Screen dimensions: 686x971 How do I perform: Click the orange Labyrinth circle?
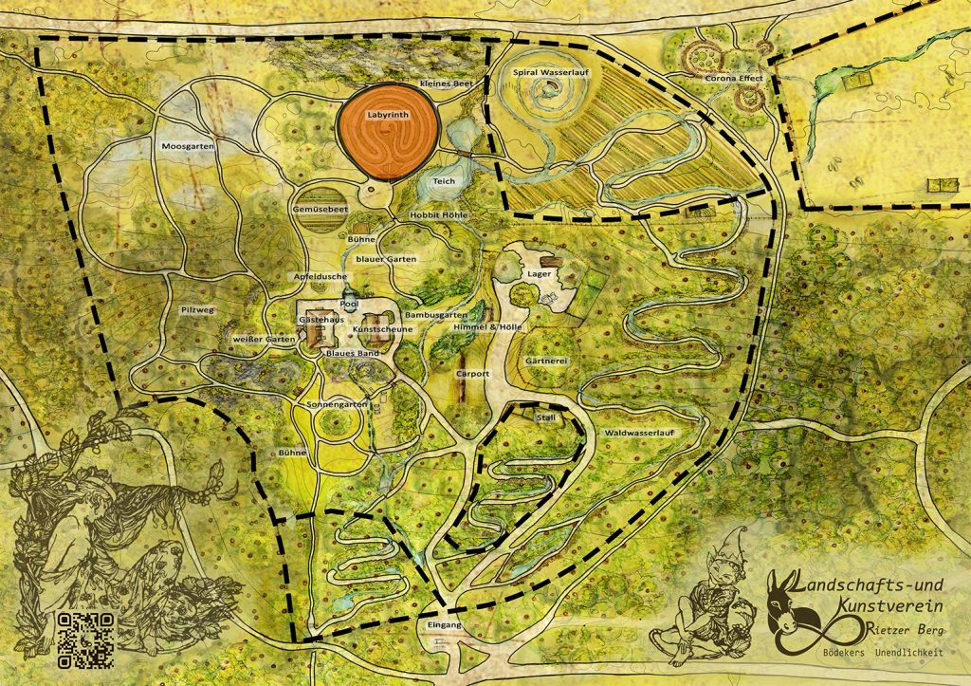(x=387, y=135)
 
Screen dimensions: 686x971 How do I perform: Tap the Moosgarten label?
(x=188, y=146)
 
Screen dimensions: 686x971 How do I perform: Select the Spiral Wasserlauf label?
(x=550, y=72)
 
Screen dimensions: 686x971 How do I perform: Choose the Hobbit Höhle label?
(x=438, y=215)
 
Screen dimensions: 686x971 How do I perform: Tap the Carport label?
(x=472, y=374)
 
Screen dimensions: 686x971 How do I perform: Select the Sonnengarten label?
(x=337, y=405)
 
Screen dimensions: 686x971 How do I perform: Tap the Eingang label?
(x=443, y=627)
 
